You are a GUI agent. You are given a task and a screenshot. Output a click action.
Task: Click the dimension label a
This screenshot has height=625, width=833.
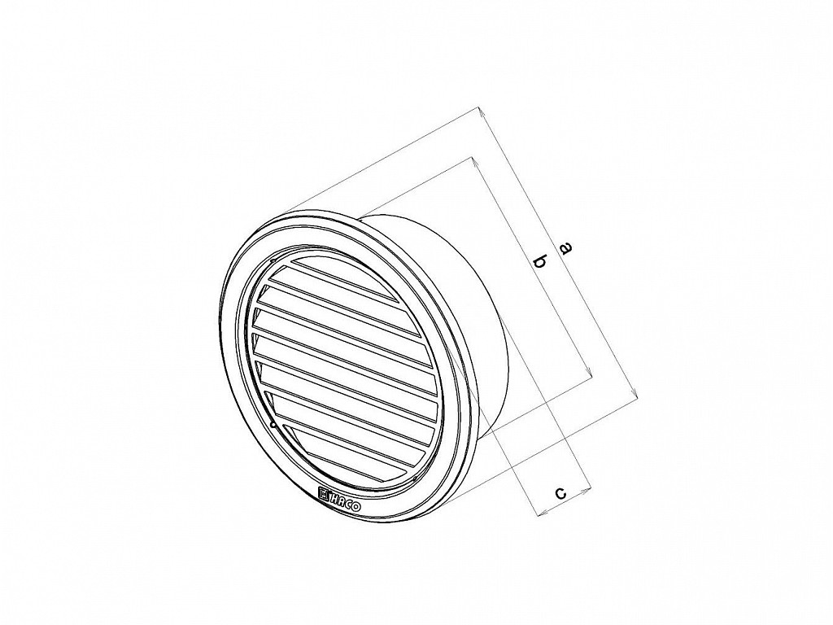566,247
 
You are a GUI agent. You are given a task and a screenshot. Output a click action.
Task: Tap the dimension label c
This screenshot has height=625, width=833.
560,494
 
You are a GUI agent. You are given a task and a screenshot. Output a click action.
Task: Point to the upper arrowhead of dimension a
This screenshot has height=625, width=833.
480,111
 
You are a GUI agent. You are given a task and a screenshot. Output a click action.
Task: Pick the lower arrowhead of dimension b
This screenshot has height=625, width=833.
589,373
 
